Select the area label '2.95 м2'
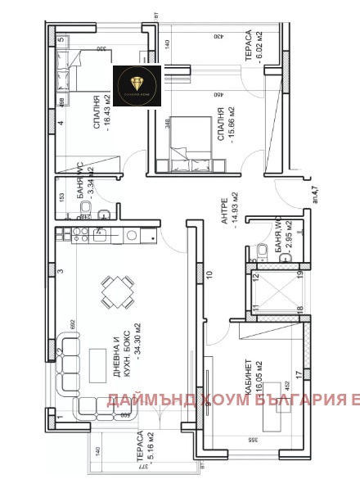coord(277,233)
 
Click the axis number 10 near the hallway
coord(209,274)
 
